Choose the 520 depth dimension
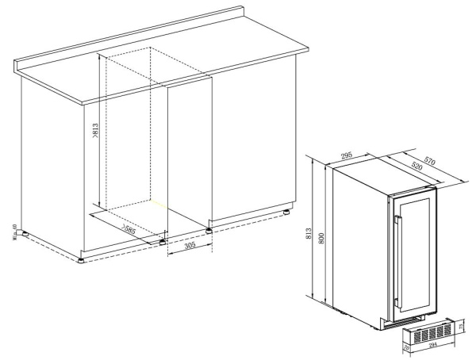[x=415, y=169]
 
